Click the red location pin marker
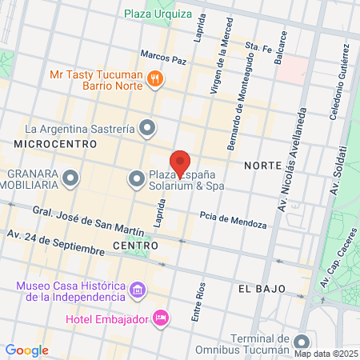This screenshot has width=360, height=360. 180,162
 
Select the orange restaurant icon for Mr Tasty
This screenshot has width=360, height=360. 156,78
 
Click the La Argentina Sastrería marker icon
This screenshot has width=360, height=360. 147,127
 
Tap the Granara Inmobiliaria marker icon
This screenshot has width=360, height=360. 71,177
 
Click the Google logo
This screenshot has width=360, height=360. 26,350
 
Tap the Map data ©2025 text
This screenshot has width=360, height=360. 325,353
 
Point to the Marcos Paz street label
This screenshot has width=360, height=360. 162,58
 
